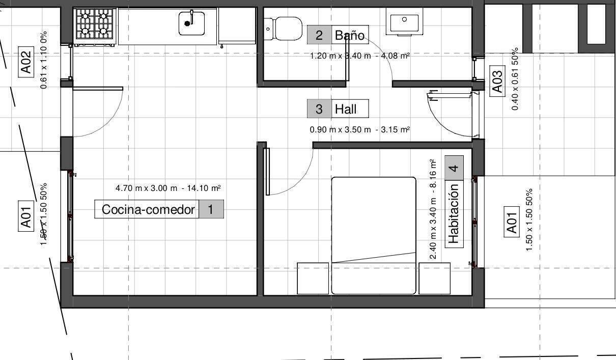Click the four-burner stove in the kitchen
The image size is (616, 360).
click(95, 26)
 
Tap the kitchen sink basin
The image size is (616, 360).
click(192, 23)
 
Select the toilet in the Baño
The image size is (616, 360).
click(283, 29)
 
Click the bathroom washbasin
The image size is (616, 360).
click(404, 22)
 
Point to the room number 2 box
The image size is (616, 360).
click(319, 35)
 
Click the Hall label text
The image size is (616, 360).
click(346, 109)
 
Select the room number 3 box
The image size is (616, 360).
click(319, 108)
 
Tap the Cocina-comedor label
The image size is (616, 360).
click(148, 210)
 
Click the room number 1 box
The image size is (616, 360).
click(211, 209)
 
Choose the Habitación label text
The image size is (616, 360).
click(454, 214)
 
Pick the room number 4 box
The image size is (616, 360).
click(454, 168)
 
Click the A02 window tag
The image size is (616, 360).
click(26, 62)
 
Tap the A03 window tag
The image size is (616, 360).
click(497, 81)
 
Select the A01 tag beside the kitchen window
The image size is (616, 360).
click(26, 216)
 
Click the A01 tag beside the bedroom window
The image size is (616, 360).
click(512, 221)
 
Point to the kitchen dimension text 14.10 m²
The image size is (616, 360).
click(204, 188)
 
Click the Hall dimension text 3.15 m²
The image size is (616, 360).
click(396, 129)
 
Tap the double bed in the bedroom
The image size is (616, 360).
click(374, 236)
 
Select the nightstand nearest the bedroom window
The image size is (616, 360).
click(434, 279)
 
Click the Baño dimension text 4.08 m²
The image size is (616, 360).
click(396, 56)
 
